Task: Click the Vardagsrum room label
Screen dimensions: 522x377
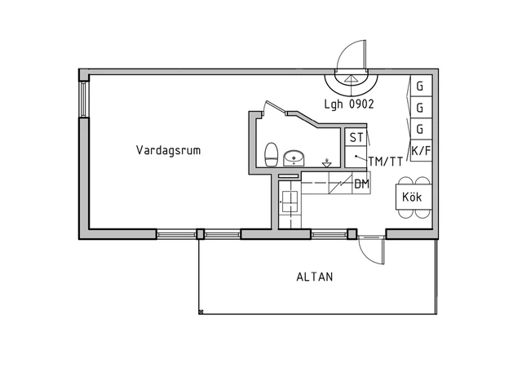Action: tap(168, 150)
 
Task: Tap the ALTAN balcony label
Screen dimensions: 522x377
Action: tap(315, 277)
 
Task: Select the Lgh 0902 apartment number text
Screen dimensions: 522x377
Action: tap(349, 104)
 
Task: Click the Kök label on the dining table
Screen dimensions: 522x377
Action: tap(412, 197)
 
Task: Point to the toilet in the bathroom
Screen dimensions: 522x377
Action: tap(271, 154)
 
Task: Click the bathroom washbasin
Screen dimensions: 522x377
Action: tap(294, 158)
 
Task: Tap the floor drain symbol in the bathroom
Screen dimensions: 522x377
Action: tap(327, 163)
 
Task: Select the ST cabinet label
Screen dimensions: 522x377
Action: tap(356, 138)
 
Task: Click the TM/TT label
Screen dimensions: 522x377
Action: tap(386, 162)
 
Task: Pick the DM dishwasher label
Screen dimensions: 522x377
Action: tap(361, 184)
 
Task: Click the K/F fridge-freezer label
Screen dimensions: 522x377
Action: tap(421, 151)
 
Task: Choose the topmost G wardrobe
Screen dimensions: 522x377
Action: tap(421, 86)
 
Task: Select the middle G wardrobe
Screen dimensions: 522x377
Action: tap(421, 108)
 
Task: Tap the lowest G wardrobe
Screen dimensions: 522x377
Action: tap(421, 129)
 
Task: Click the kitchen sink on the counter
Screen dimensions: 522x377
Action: tap(290, 202)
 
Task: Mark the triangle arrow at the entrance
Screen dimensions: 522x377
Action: tap(350, 78)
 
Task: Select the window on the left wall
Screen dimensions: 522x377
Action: tap(83, 100)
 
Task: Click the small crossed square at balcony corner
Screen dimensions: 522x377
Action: tap(201, 312)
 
